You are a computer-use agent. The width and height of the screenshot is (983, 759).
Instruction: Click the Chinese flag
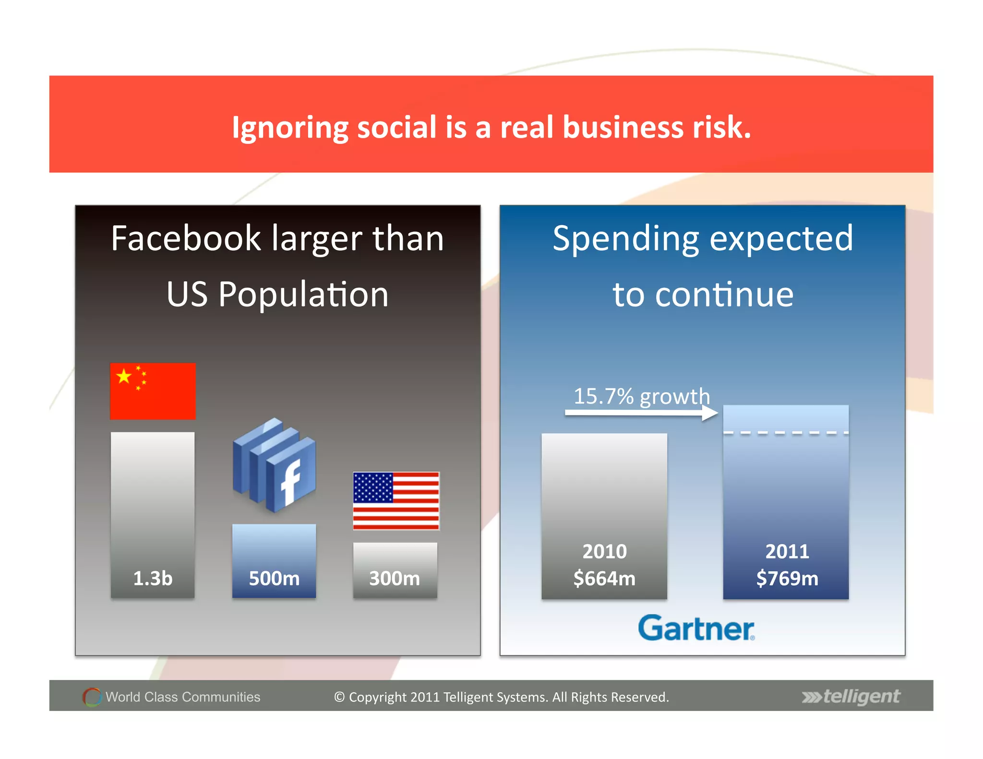(x=153, y=391)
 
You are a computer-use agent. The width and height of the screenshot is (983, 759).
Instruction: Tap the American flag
(x=396, y=500)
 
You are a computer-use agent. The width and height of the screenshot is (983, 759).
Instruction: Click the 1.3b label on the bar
(x=153, y=578)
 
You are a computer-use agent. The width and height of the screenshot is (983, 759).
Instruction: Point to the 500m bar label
(x=274, y=578)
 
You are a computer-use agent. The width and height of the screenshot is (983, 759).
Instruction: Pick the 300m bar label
(x=395, y=578)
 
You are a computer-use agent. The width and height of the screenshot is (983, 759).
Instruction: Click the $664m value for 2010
(x=604, y=578)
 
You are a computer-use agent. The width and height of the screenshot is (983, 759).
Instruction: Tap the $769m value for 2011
(x=787, y=578)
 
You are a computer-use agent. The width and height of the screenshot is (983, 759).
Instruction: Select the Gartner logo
(x=696, y=628)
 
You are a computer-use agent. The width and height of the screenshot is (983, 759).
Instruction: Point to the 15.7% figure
(x=603, y=396)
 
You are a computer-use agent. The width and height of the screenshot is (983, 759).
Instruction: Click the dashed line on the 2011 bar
(x=786, y=433)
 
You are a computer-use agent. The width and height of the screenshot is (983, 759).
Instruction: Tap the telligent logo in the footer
(x=851, y=696)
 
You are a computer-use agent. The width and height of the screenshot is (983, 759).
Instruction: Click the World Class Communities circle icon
(x=92, y=697)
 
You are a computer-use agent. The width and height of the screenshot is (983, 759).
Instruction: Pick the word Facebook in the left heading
(x=186, y=238)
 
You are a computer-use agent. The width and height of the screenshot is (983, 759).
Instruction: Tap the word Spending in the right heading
(x=625, y=238)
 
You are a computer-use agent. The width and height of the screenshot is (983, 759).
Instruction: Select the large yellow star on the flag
(x=124, y=376)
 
